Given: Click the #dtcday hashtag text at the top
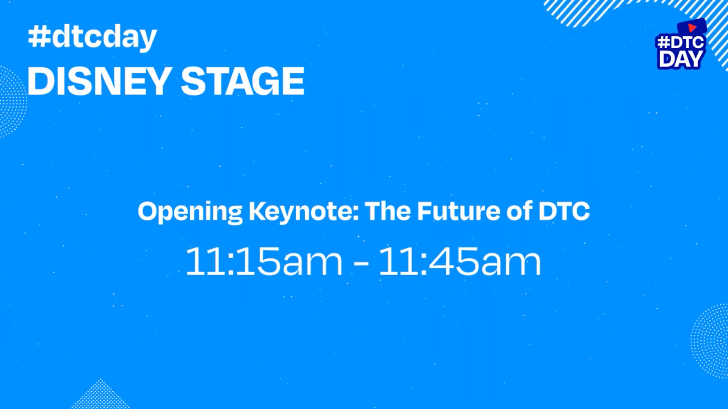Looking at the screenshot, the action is click(93, 37).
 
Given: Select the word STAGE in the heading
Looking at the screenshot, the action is click(243, 81).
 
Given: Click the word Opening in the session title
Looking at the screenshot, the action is click(190, 212).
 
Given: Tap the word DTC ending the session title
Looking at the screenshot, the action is click(564, 211).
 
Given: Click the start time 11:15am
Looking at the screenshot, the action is click(264, 261).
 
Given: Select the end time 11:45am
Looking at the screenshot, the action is click(460, 261).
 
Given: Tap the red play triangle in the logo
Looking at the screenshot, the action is click(692, 28).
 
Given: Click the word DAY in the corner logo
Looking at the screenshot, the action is click(681, 59).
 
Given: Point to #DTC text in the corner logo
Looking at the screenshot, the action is click(681, 42).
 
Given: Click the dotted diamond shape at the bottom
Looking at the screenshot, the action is click(100, 396).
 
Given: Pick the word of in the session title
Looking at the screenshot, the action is click(519, 211).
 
